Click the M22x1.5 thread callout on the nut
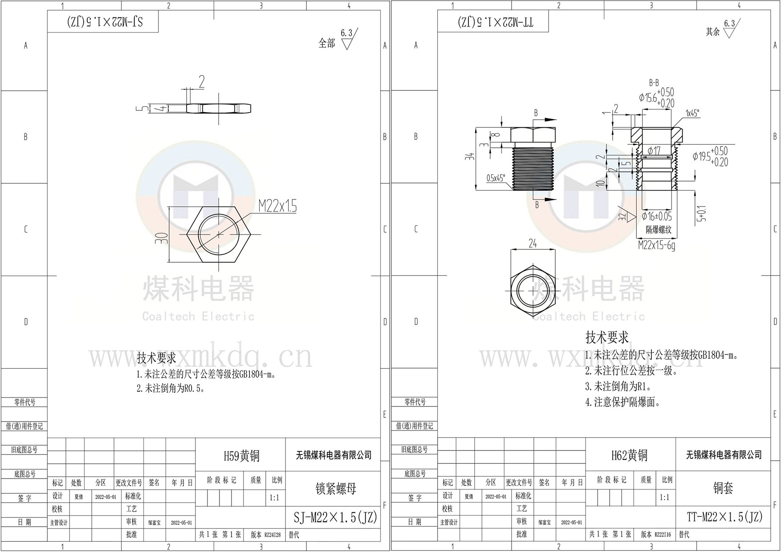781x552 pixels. tap(277, 206)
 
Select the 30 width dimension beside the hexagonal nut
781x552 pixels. tap(164, 238)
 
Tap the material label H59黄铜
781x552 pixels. tap(241, 456)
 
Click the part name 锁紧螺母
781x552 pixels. tap(336, 489)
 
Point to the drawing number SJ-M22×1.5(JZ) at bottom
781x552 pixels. tap(335, 517)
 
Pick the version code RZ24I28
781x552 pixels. tap(273, 535)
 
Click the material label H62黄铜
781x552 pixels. tap(629, 455)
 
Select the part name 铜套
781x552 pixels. tap(723, 488)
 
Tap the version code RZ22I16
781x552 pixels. tap(663, 535)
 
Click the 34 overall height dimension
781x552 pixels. tap(471, 156)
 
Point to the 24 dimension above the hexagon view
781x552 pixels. tap(533, 244)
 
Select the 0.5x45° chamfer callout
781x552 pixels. tap(496, 179)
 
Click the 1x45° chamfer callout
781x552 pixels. tap(692, 114)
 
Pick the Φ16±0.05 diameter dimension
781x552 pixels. tap(657, 217)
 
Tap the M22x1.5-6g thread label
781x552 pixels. tap(656, 245)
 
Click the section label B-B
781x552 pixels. tap(654, 83)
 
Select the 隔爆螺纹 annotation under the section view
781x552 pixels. tap(659, 230)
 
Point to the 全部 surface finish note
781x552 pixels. tap(327, 43)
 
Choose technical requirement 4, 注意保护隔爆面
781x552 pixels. tap(622, 402)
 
